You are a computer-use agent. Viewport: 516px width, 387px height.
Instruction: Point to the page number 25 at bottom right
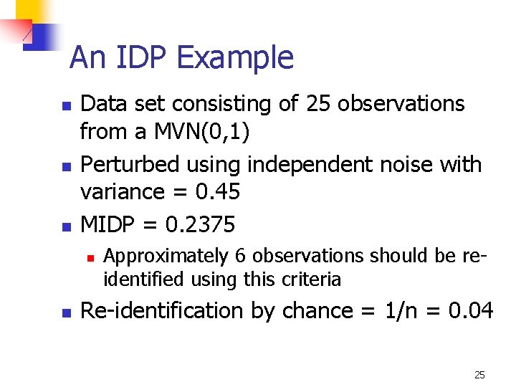(479, 374)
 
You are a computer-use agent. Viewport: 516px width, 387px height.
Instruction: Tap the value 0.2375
(200, 224)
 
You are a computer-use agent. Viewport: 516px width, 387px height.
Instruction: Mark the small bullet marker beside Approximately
(90, 257)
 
